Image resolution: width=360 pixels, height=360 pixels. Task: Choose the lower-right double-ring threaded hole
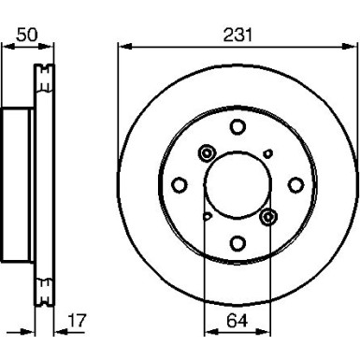tap(269, 217)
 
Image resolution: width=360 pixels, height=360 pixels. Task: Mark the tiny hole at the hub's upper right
tap(267, 154)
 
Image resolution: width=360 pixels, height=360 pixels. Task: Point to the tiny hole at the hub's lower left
tap(207, 217)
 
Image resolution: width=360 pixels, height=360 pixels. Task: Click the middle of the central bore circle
tap(237, 185)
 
